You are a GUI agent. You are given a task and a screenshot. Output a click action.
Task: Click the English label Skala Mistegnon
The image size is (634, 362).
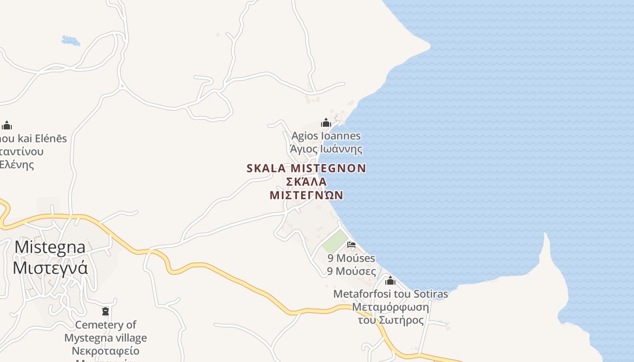tap(306, 168)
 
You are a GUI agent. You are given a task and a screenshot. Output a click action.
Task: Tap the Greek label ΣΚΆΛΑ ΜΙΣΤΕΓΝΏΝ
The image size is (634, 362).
tap(306, 188)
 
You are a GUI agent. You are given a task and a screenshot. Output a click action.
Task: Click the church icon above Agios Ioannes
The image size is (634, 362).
tap(326, 123)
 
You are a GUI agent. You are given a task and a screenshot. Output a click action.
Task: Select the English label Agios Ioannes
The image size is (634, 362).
tap(326, 136)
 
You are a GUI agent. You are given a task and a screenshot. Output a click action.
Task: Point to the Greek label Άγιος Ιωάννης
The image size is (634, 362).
tap(326, 149)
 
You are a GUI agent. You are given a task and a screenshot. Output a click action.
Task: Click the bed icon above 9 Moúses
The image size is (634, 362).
tap(351, 245)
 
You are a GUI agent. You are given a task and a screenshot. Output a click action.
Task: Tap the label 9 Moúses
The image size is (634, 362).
tap(351, 258)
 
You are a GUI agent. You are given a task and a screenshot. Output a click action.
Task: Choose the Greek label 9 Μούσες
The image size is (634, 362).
tap(351, 271)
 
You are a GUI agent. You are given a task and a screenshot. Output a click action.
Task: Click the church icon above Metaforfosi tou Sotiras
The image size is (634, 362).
tap(390, 281)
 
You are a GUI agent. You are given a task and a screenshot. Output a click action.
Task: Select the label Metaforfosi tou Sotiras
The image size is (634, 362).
tap(390, 294)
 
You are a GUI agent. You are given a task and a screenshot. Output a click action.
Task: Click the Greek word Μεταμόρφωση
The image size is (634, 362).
tap(390, 307)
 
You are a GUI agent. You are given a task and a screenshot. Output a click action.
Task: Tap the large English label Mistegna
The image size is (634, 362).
tap(50, 247)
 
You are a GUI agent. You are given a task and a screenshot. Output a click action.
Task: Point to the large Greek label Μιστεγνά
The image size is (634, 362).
tap(50, 268)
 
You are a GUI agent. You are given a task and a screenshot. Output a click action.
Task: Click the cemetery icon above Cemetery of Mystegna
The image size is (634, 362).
tap(106, 311)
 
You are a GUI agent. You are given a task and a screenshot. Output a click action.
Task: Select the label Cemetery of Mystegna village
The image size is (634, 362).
tap(106, 331)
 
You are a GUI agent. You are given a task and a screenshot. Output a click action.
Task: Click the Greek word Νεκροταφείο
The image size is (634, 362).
tap(106, 351)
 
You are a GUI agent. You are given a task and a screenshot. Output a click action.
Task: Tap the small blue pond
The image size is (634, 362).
tap(71, 41)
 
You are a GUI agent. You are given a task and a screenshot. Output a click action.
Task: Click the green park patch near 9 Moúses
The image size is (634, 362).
tap(335, 241)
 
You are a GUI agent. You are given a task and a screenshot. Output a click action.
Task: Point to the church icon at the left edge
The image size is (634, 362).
tap(7, 125)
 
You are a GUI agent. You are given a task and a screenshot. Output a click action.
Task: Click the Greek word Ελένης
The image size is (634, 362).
tap(17, 164)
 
